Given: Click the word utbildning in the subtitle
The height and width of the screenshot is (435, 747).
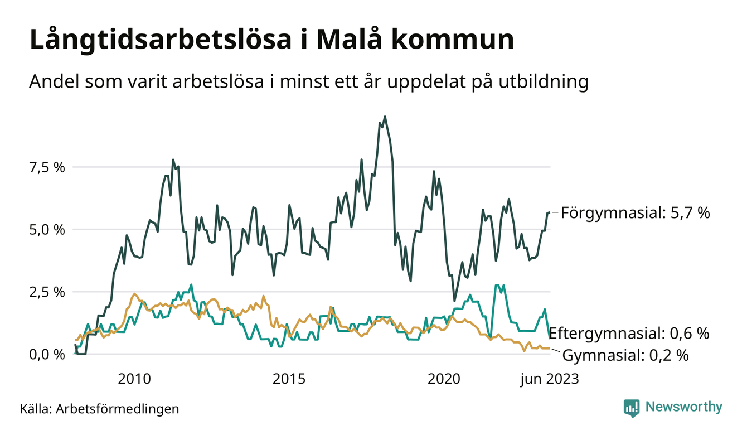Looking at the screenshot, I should tap(540, 82).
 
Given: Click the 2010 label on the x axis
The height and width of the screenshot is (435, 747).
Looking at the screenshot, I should tap(134, 379).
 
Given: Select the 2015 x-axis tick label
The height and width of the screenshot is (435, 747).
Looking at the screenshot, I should tap(289, 379).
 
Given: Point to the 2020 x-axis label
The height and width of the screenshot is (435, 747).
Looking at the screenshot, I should tap(444, 379).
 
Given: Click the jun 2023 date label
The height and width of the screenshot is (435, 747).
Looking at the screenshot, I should tap(550, 379).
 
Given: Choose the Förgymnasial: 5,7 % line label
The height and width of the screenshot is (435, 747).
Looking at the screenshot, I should tap(635, 212).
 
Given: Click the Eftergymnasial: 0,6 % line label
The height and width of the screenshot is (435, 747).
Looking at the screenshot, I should tap(629, 334).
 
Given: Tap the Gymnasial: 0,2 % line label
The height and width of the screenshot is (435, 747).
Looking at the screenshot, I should tap(624, 355).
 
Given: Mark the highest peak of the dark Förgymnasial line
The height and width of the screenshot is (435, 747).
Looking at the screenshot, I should tap(385, 117).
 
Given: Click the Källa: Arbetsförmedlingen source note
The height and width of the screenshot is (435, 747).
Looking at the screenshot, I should tap(99, 409).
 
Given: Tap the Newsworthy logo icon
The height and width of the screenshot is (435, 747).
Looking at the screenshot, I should tap(632, 407).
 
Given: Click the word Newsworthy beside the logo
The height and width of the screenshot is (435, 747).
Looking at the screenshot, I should tap(683, 407).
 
